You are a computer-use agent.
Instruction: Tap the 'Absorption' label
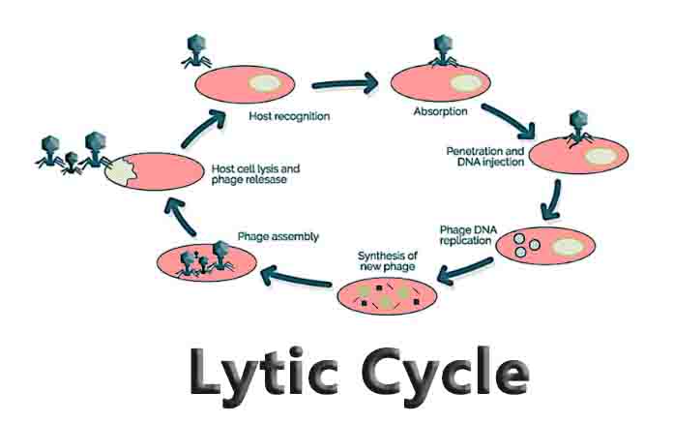[442, 111]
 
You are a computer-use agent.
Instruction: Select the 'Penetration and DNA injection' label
[484, 157]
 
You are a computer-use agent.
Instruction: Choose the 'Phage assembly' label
[278, 237]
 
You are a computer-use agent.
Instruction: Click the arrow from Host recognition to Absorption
[343, 83]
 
